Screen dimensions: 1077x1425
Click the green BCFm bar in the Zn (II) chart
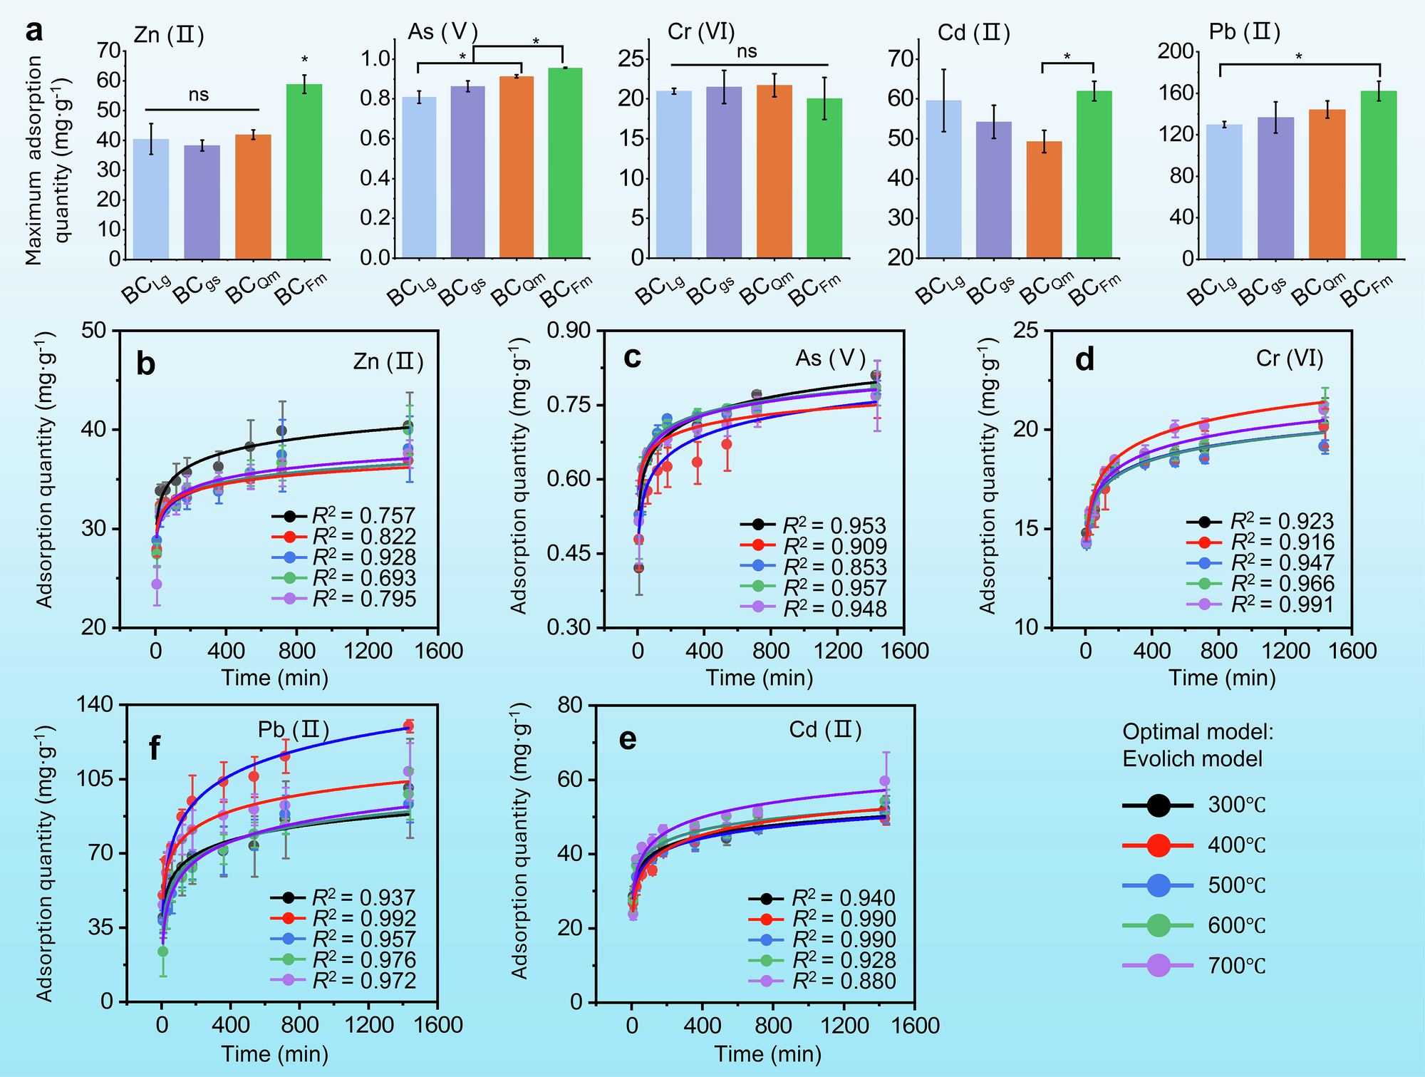(304, 171)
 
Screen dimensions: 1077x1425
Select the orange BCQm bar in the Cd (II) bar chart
(1044, 200)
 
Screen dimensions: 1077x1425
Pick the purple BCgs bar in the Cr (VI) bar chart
(724, 172)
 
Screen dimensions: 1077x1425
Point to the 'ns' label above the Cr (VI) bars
(747, 51)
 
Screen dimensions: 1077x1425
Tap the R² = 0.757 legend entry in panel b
(363, 515)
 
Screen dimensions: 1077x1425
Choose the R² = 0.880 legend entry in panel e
(844, 981)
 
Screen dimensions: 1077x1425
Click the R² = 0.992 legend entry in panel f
(363, 919)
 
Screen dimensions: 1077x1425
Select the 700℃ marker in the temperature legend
(1159, 966)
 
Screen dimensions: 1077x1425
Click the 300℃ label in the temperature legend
(1237, 805)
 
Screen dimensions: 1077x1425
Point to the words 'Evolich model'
(1193, 759)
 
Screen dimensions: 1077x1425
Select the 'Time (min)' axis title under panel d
(1222, 677)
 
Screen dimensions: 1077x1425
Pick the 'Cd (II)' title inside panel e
(826, 730)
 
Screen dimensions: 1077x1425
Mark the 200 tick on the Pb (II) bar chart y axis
(1176, 51)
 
